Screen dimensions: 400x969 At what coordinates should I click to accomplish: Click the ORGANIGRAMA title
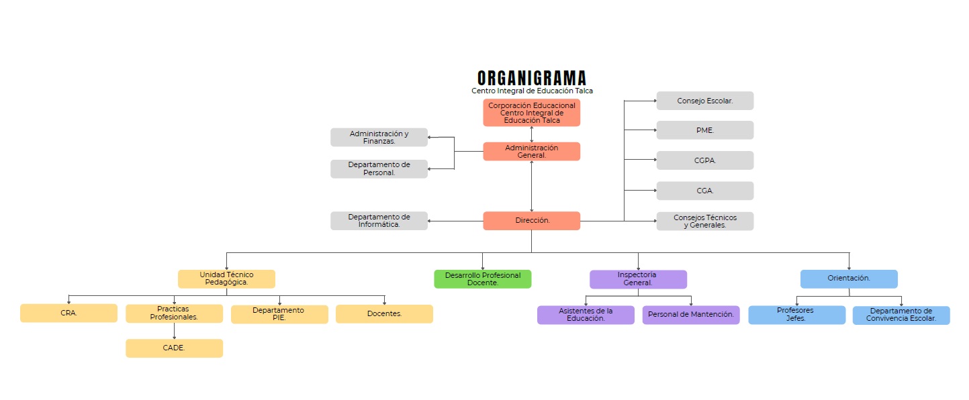531,78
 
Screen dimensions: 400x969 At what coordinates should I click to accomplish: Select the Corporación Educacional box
531,113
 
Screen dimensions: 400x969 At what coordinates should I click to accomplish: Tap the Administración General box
531,152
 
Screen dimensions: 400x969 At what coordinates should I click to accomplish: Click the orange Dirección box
531,221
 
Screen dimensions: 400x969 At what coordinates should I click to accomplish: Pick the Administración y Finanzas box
379,138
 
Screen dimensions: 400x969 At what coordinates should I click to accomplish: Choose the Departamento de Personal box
379,168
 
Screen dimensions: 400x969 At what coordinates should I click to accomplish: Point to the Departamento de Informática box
379,221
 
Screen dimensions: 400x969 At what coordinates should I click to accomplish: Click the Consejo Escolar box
704,101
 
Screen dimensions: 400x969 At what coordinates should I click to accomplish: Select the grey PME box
704,130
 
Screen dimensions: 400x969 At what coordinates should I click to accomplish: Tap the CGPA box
704,160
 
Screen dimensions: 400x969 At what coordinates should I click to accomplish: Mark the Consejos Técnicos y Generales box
704,221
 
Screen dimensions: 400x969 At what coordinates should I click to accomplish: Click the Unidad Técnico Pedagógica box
226,279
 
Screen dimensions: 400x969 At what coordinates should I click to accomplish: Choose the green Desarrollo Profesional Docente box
482,279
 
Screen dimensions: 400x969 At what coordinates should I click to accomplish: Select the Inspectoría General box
638,279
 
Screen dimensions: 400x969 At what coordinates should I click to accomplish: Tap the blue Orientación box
849,279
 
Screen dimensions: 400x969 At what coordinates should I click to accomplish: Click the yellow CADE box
174,348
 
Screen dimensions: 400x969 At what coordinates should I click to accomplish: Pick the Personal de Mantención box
690,315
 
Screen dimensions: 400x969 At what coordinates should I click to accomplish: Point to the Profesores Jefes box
796,315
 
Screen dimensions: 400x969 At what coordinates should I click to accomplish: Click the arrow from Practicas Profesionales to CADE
174,331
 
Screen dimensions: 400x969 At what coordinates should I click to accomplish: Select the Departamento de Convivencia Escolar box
901,315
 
